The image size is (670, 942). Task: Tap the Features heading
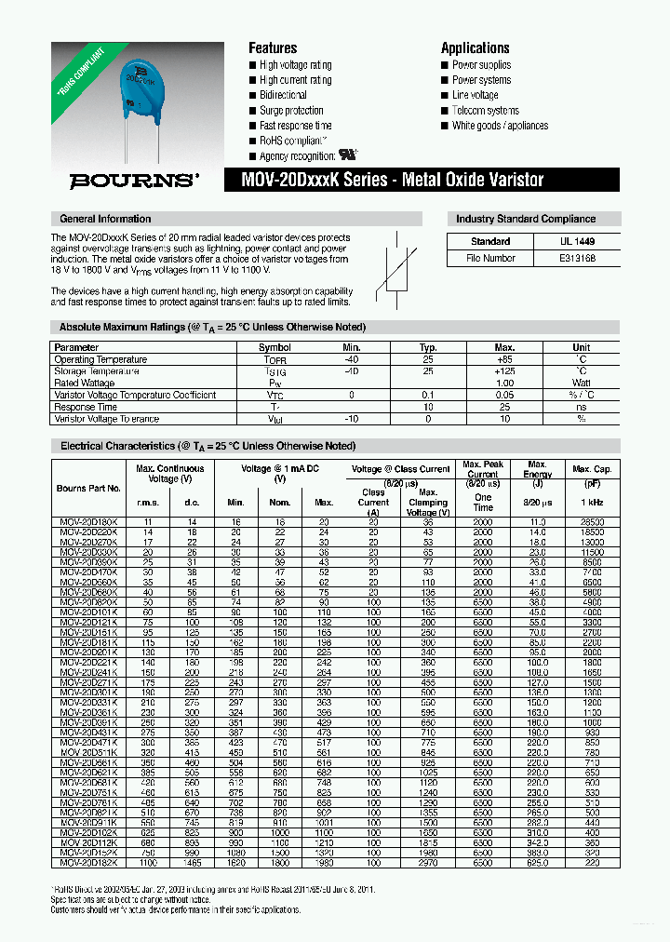point(272,47)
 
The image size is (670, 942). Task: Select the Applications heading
point(475,47)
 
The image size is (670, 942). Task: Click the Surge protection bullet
point(291,111)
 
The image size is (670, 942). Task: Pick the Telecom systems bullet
point(486,111)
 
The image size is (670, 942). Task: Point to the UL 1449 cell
point(576,241)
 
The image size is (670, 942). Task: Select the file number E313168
point(576,258)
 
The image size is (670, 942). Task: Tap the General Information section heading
point(105,219)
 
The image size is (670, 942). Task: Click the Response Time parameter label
point(86,407)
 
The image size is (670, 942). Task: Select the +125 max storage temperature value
point(504,371)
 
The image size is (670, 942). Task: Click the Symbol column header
point(275,347)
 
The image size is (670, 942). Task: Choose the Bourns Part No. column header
point(88,488)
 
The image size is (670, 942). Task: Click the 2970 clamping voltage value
point(427,863)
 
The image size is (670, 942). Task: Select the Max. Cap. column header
point(591,469)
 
